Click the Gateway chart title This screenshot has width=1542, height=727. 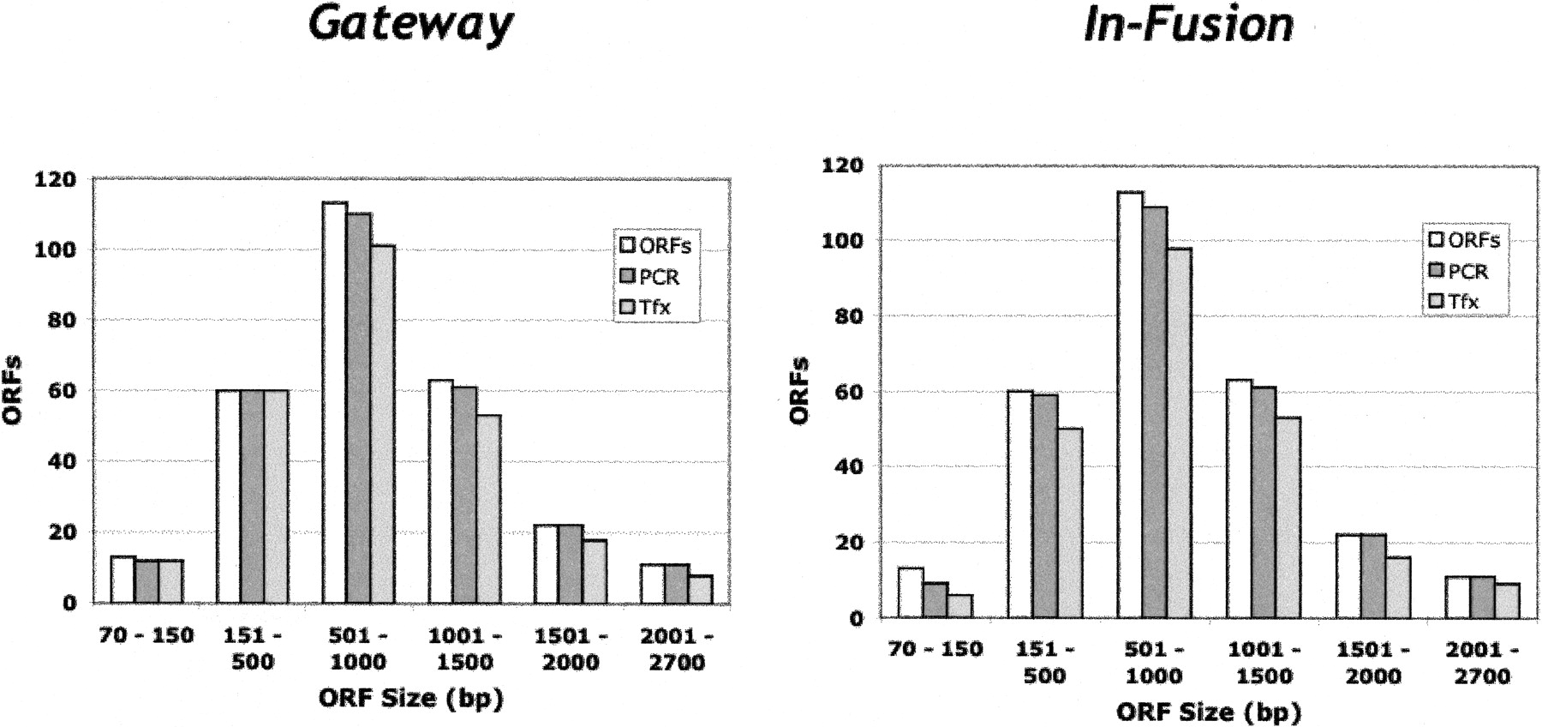coord(410,24)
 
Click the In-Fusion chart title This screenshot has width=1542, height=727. coord(1188,24)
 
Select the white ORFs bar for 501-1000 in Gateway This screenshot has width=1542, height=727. coord(335,402)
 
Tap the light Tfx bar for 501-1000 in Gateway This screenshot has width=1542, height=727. coord(383,424)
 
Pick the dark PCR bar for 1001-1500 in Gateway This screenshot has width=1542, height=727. coord(465,495)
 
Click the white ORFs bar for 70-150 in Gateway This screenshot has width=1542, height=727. coord(123,580)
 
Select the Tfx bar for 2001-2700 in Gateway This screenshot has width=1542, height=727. coord(700,589)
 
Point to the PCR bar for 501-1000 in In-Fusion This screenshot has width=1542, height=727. coord(1154,412)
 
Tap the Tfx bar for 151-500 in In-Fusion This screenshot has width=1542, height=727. coord(1070,522)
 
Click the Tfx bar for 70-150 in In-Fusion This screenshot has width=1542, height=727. coord(959,606)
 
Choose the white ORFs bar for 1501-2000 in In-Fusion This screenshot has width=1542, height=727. coord(1348,575)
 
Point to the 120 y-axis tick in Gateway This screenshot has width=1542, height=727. coord(56,179)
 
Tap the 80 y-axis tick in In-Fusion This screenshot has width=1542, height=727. coord(841,316)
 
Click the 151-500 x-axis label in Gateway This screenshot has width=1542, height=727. coord(253,649)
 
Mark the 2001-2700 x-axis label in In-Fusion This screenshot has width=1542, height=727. coord(1482,663)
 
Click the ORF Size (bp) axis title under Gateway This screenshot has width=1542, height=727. coord(411,699)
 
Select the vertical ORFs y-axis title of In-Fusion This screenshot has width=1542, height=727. coord(800,390)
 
